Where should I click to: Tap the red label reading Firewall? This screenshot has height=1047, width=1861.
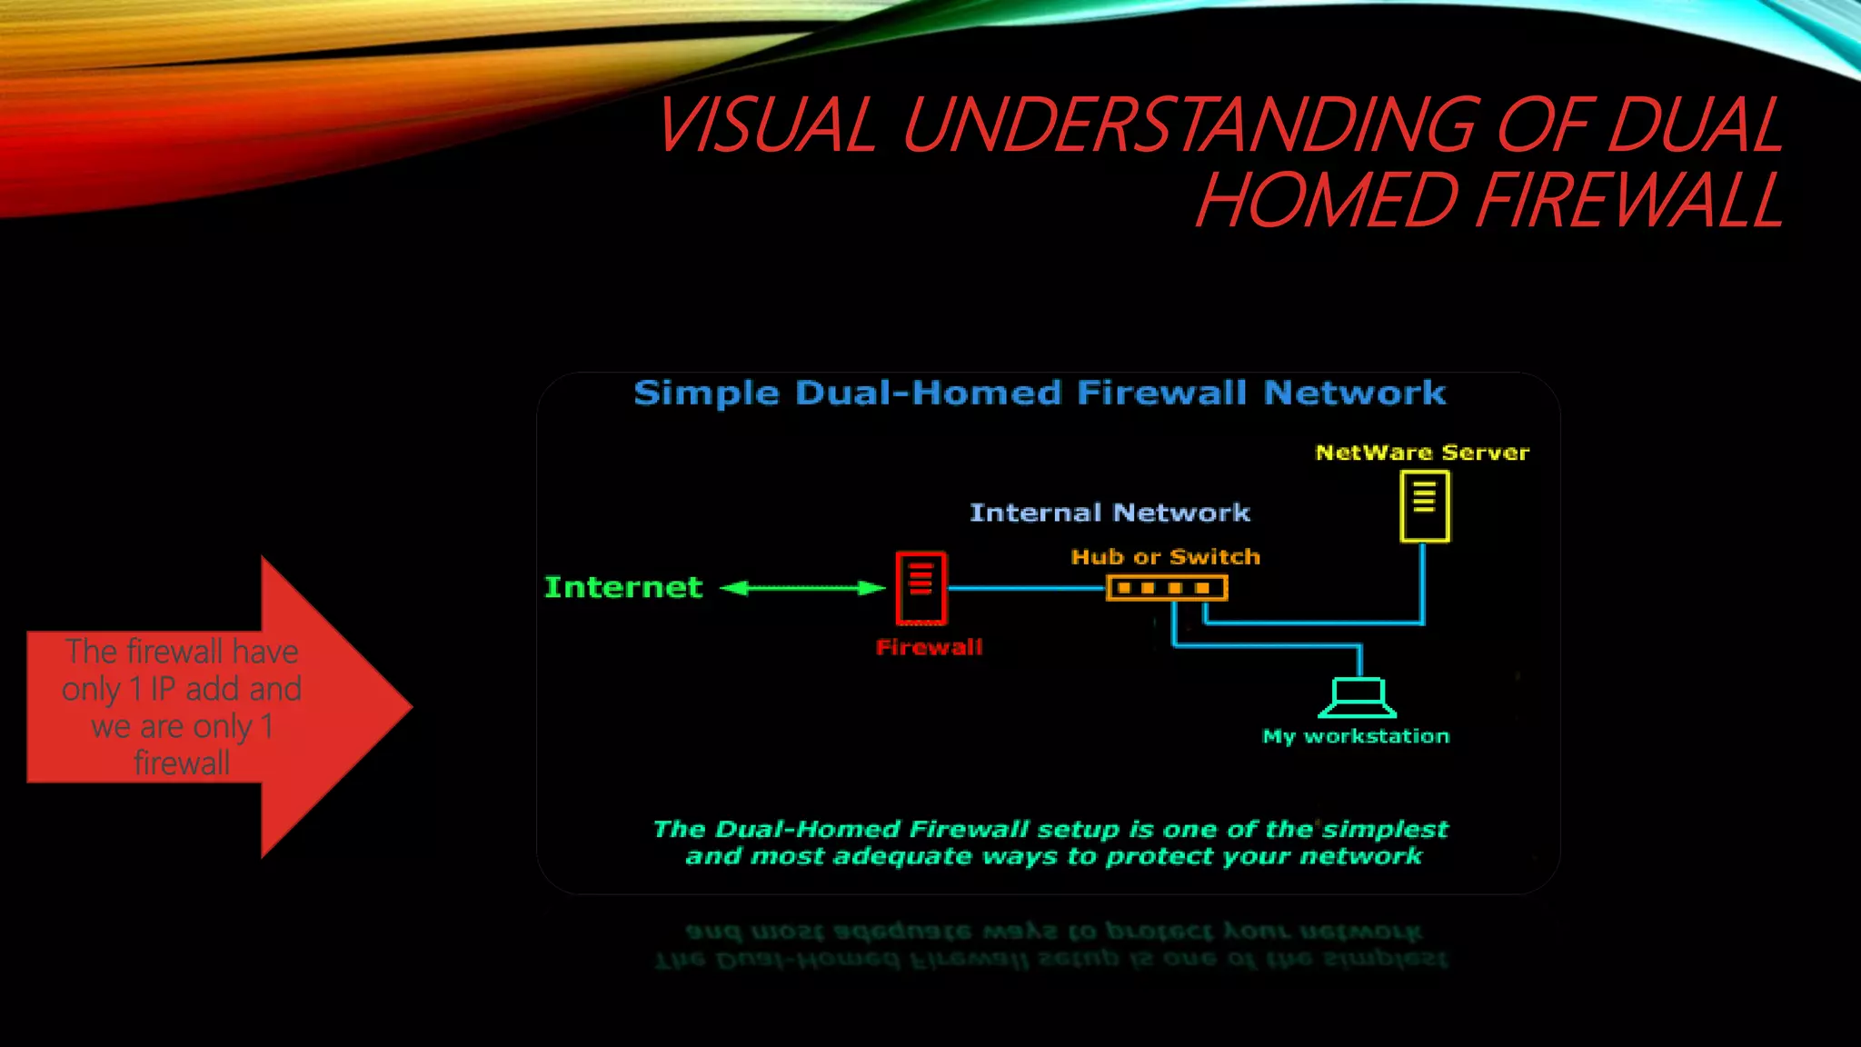point(929,647)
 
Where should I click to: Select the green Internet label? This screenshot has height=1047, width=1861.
point(623,587)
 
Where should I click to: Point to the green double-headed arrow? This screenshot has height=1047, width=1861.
point(801,588)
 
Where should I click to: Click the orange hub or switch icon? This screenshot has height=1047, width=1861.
point(1167,588)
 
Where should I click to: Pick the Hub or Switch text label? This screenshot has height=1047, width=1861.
point(1166,556)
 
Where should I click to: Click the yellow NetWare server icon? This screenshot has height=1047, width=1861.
point(1424,506)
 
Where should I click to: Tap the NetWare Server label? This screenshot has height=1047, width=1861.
point(1422,452)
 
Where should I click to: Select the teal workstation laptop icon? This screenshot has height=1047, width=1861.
point(1358,697)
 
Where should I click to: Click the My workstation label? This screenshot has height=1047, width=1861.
point(1356,736)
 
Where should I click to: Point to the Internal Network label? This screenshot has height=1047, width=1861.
point(1110,513)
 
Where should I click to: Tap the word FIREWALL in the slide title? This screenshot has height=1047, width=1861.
point(1627,200)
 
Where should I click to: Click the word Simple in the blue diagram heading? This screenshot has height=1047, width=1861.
point(706,393)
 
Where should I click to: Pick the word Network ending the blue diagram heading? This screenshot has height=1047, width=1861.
point(1354,393)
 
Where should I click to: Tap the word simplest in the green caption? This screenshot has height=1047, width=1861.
point(1384,829)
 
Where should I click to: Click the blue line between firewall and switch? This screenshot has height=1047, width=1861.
point(1027,588)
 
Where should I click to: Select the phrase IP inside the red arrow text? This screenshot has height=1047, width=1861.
point(163,689)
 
